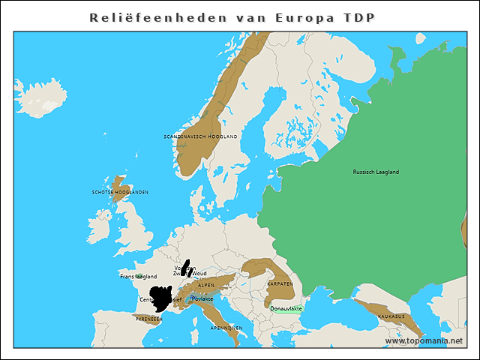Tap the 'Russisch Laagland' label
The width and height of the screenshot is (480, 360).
click(x=376, y=172)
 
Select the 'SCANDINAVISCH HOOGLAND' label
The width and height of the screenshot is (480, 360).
click(x=200, y=136)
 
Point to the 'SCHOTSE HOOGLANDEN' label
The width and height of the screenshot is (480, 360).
click(x=120, y=192)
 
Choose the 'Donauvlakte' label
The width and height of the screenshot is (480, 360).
click(x=286, y=307)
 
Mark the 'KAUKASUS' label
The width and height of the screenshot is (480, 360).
click(x=391, y=316)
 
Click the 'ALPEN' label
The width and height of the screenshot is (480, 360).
click(x=205, y=285)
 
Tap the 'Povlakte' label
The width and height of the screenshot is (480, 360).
click(x=202, y=298)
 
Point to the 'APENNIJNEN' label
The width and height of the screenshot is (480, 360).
click(x=226, y=328)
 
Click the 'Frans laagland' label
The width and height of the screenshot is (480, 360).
click(x=138, y=276)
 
